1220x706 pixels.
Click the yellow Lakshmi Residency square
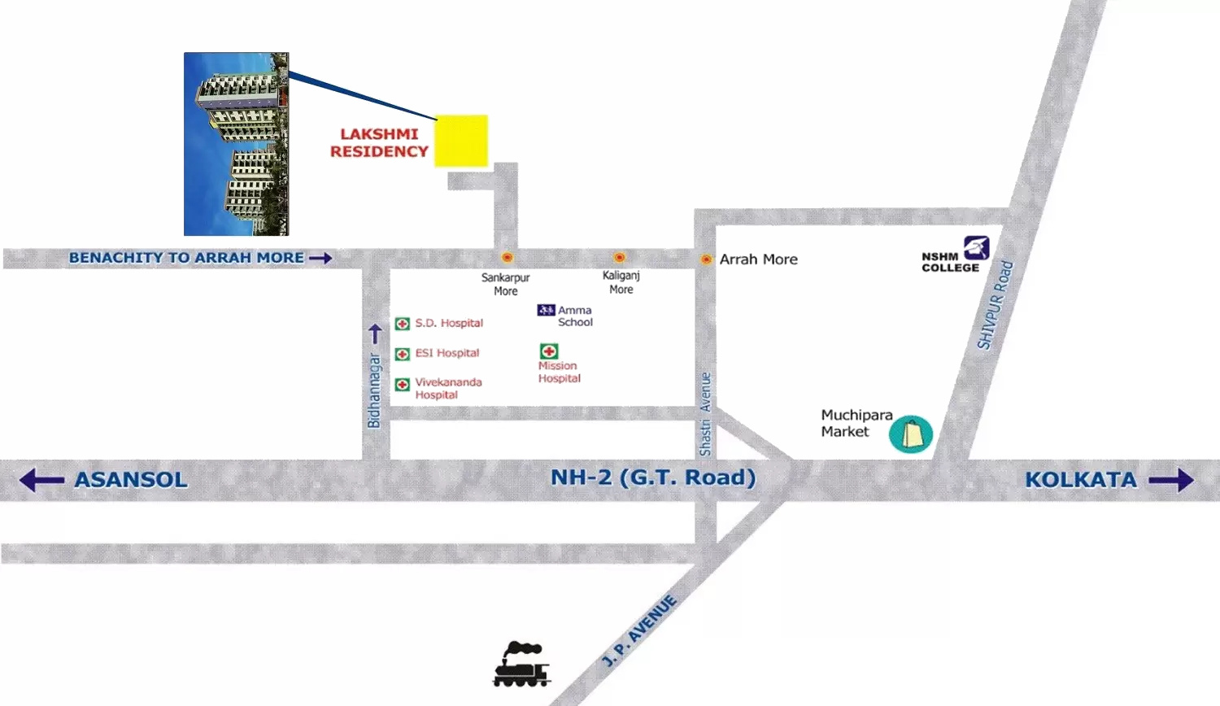click(x=461, y=141)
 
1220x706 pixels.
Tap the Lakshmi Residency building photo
click(x=236, y=144)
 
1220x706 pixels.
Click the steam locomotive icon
click(x=521, y=665)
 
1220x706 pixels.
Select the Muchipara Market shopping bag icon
click(x=911, y=434)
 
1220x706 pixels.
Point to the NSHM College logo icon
click(x=976, y=247)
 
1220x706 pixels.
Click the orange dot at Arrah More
click(x=706, y=259)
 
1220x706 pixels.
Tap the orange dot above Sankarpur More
click(x=507, y=258)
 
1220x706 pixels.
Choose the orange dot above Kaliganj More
click(x=619, y=258)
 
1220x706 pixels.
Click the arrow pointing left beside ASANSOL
click(x=41, y=480)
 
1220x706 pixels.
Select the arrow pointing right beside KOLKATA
click(x=1171, y=480)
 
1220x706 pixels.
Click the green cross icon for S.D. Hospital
click(x=402, y=324)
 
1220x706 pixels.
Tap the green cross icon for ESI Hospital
click(x=402, y=354)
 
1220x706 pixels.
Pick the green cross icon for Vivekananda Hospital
click(x=402, y=384)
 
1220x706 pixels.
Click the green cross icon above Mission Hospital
click(x=549, y=351)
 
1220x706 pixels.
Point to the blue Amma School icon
click(x=546, y=310)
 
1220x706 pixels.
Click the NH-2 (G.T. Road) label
click(x=653, y=477)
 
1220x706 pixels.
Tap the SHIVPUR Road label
click(x=995, y=305)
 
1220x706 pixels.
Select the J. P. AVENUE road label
click(x=639, y=631)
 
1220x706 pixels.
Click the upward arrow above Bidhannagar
click(x=375, y=333)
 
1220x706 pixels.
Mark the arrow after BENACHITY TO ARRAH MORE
click(x=320, y=258)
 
